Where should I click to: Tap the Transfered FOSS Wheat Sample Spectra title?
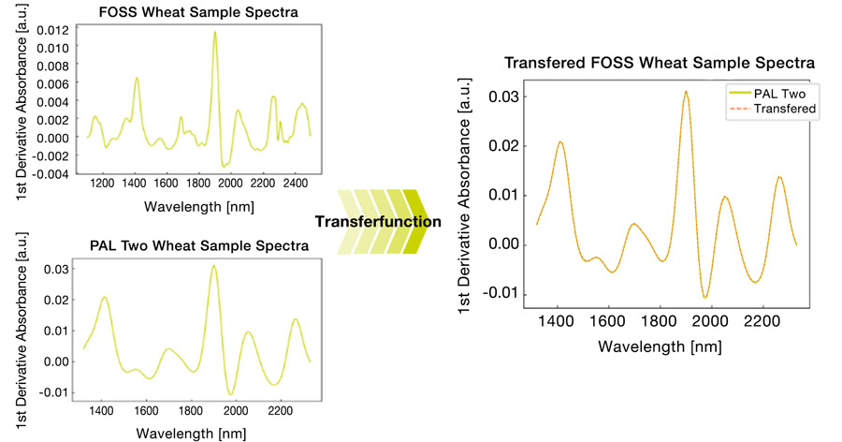point(660,63)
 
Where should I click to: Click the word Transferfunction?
point(377,222)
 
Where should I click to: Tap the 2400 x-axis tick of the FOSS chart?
point(295,184)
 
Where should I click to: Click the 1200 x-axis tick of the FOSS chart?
point(102,184)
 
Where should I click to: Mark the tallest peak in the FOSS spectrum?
point(214,33)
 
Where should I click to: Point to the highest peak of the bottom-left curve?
point(213,266)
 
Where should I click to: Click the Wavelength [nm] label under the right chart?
point(660,346)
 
